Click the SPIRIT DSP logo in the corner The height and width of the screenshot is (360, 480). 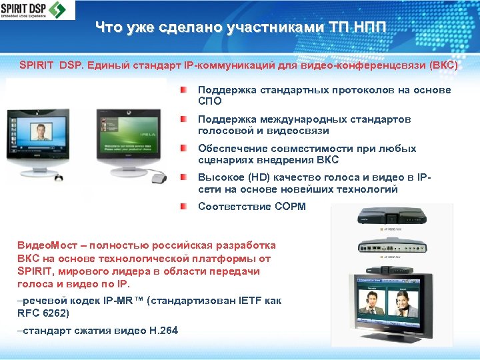coord(38,10)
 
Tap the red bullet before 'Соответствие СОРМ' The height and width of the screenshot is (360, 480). coord(183,207)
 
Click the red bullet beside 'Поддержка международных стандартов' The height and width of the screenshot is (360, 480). coord(183,119)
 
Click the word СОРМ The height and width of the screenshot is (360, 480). coord(290,207)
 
